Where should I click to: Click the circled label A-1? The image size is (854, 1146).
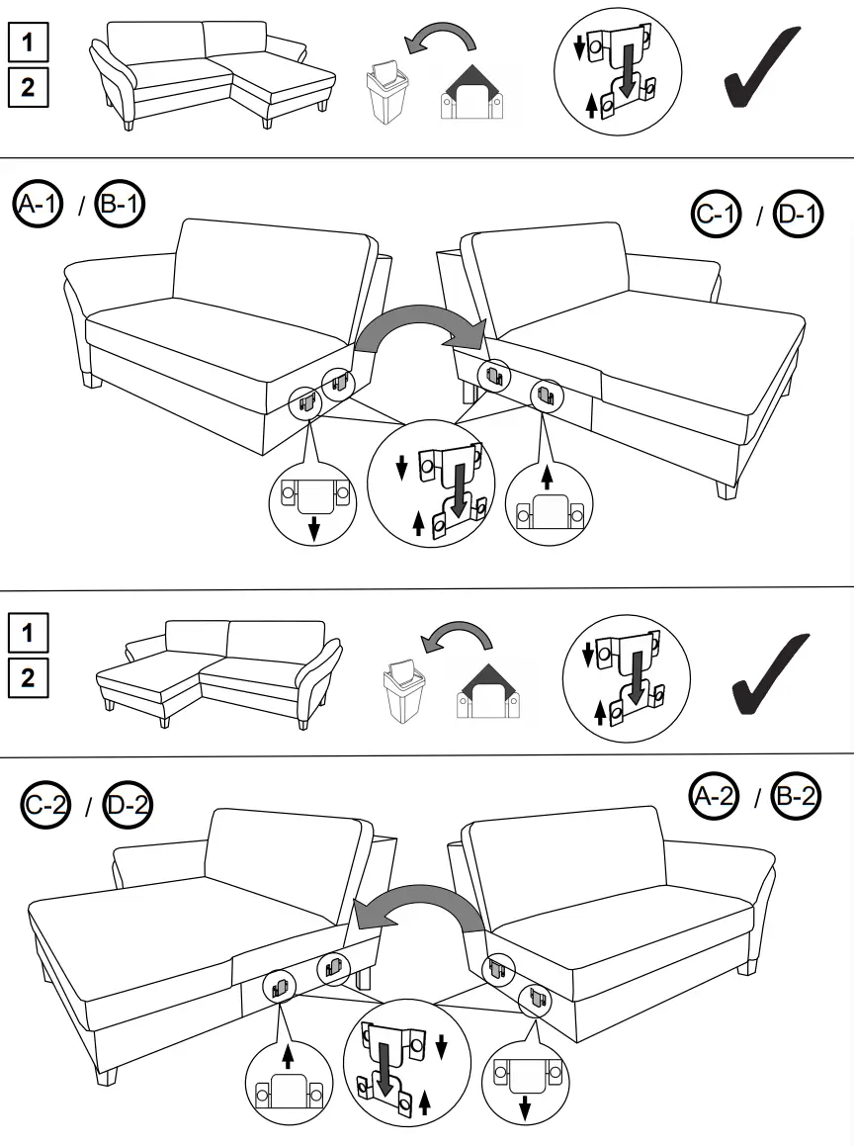tap(38, 205)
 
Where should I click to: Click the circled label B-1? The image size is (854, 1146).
tap(120, 205)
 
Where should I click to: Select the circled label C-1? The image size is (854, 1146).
tap(716, 216)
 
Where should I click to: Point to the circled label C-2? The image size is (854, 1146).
tap(45, 807)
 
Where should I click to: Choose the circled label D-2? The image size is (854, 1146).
tap(128, 807)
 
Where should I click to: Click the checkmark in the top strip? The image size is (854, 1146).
tap(761, 67)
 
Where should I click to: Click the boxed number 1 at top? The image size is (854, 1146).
tap(27, 44)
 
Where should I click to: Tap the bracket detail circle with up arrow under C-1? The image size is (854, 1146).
tap(549, 502)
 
